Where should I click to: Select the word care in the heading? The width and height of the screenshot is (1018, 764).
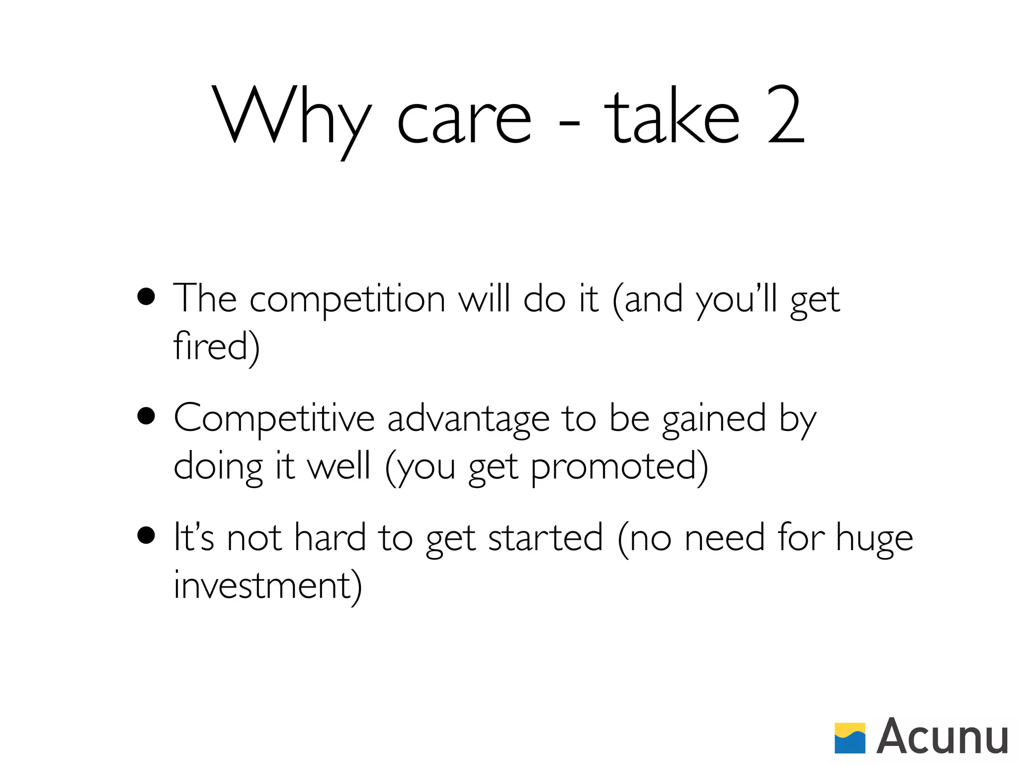pyautogui.click(x=464, y=119)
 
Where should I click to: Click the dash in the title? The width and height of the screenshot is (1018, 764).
pyautogui.click(x=569, y=123)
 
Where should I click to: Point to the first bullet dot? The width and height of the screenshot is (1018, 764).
pyautogui.click(x=146, y=297)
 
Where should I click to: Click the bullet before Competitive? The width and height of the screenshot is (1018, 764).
pyautogui.click(x=146, y=417)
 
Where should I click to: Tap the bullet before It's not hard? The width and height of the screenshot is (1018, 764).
pyautogui.click(x=146, y=536)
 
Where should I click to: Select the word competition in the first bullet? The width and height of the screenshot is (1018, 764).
pyautogui.click(x=347, y=300)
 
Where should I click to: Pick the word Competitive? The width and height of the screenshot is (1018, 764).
pyautogui.click(x=274, y=418)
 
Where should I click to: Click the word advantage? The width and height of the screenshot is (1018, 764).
pyautogui.click(x=468, y=419)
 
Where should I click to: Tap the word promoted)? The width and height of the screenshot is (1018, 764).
pyautogui.click(x=619, y=467)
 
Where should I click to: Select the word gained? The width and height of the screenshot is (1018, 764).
pyautogui.click(x=714, y=419)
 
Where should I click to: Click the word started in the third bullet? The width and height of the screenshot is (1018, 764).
pyautogui.click(x=545, y=538)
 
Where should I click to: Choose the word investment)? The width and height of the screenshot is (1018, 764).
pyautogui.click(x=267, y=585)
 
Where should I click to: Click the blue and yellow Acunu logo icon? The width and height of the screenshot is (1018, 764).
pyautogui.click(x=849, y=738)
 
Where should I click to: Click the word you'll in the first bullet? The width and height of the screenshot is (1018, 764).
pyautogui.click(x=737, y=300)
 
